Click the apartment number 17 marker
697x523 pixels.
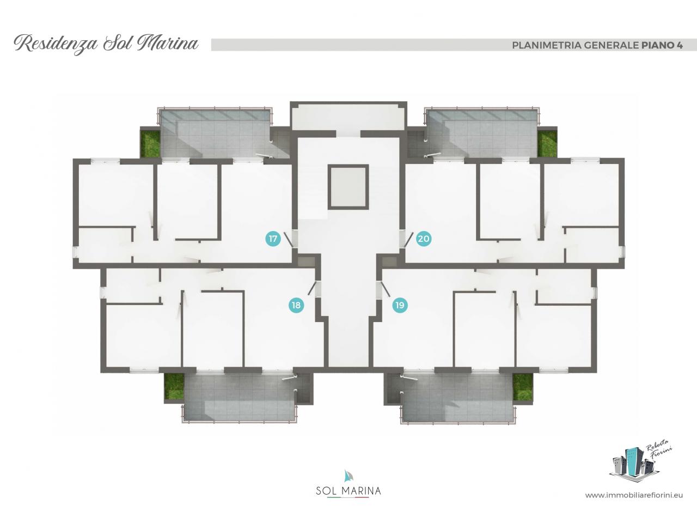click(x=273, y=239)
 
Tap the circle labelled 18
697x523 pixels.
click(x=296, y=305)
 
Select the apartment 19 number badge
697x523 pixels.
click(x=400, y=305)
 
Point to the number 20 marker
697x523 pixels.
click(x=424, y=239)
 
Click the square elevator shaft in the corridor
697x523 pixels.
click(x=348, y=187)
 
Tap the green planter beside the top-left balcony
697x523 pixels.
click(x=150, y=145)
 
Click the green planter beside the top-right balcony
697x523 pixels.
click(x=547, y=145)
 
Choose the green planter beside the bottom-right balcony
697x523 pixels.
click(x=523, y=386)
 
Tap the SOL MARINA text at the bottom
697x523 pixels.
click(x=348, y=491)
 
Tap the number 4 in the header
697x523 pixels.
click(x=680, y=45)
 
